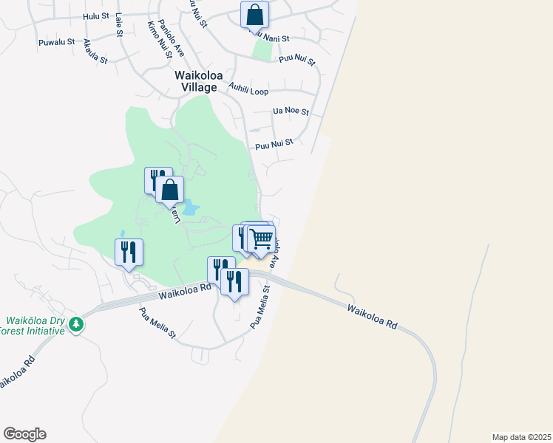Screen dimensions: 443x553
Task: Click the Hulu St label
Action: coord(96,16)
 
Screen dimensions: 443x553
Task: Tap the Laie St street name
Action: coord(118,27)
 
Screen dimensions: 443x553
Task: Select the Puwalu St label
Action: coord(57,42)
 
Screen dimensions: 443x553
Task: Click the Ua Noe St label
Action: coord(291,111)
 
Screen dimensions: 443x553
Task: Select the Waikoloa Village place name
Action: coord(196,81)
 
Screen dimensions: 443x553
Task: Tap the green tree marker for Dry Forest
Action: coord(75,324)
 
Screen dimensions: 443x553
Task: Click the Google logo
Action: coord(24,434)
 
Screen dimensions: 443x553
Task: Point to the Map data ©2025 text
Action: coord(521,437)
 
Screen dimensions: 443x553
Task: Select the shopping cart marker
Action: coord(260,238)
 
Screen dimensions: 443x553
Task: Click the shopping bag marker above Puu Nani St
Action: coord(254,14)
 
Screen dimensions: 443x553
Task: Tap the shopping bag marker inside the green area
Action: coord(169,189)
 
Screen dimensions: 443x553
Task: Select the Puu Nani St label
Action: coord(271,36)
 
